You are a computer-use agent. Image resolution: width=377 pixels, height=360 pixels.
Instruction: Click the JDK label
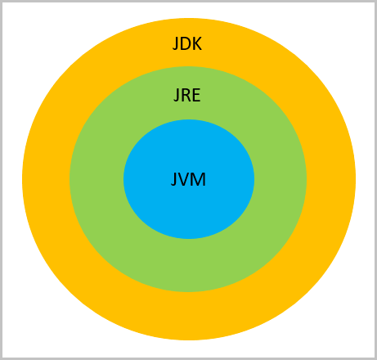[187, 43]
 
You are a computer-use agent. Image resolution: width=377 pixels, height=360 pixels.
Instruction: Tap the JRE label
[187, 95]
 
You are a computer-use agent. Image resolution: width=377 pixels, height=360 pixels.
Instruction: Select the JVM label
[188, 179]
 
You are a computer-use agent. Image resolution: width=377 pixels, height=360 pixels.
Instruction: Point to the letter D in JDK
[186, 43]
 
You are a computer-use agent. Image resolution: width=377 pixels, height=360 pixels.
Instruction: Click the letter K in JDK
[198, 43]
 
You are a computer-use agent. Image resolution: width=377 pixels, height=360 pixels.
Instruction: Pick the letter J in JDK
[175, 44]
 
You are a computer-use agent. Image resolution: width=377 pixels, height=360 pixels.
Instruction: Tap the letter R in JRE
[186, 95]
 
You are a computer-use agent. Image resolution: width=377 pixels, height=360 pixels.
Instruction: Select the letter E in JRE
[196, 95]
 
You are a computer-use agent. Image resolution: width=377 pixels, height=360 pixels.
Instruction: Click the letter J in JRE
[177, 96]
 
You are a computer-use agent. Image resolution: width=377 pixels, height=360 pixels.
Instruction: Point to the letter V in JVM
[184, 179]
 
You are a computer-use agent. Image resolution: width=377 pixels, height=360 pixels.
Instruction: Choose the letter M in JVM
[199, 179]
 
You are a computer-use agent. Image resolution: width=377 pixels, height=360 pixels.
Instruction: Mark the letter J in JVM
[173, 180]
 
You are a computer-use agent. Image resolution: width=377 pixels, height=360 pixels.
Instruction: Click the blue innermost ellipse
[189, 207]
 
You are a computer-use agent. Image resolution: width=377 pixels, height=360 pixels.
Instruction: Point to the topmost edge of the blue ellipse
[189, 119]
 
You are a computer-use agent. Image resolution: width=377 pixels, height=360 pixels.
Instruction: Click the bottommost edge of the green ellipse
[188, 292]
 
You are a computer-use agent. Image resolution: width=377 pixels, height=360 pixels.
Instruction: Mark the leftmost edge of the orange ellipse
[22, 179]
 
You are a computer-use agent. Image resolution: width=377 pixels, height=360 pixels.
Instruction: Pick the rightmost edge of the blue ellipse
[254, 179]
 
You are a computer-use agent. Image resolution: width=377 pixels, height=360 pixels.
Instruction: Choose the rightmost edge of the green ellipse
[307, 179]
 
